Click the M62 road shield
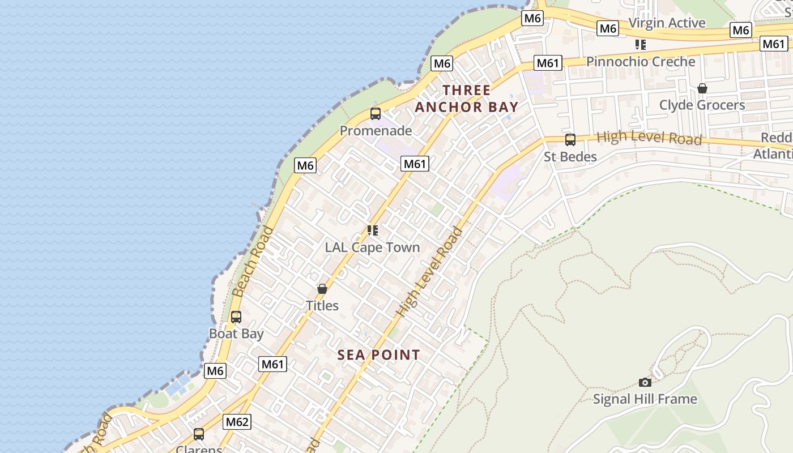coord(237,422)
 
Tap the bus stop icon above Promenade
coord(375,114)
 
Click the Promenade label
coord(376,131)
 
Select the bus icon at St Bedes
coord(570,139)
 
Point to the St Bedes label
coord(570,156)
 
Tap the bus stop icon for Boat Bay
coord(236,317)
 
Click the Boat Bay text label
coord(236,334)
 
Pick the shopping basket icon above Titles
coord(322,289)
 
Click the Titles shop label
coord(322,306)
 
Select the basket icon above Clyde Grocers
coord(702,88)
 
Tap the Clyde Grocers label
coord(702,105)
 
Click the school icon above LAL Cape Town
coord(372,230)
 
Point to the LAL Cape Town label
coord(372,247)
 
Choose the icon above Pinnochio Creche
coord(641,45)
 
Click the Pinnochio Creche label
coord(641,62)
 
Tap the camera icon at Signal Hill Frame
coord(645,382)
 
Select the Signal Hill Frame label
coord(645,399)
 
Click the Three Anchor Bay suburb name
coord(467,99)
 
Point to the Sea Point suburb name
coord(379,355)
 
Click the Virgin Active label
coord(667,23)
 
